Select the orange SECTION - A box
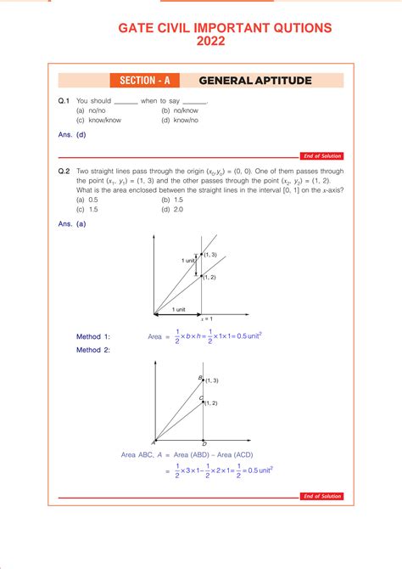click(144, 81)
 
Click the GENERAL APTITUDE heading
click(254, 81)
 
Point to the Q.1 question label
click(64, 101)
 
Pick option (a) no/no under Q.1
click(91, 110)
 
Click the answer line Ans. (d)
click(72, 134)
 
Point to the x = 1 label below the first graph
click(204, 318)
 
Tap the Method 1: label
click(93, 335)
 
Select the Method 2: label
click(93, 350)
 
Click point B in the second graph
click(201, 377)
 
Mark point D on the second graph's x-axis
click(204, 443)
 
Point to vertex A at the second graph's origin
click(154, 442)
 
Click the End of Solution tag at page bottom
click(321, 496)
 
